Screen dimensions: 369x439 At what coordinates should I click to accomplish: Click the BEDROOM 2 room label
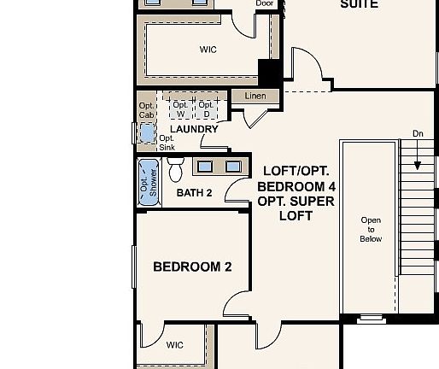pyautogui.click(x=192, y=266)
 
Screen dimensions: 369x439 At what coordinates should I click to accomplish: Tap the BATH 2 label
pyautogui.click(x=194, y=193)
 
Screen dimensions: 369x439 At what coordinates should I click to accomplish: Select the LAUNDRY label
pyautogui.click(x=194, y=129)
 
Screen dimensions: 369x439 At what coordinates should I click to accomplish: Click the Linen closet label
pyautogui.click(x=255, y=97)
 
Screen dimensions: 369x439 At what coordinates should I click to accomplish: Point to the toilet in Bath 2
pyautogui.click(x=177, y=170)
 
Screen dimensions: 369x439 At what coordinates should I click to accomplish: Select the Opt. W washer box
pyautogui.click(x=180, y=109)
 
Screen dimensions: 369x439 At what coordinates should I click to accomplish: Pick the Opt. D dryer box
pyautogui.click(x=205, y=109)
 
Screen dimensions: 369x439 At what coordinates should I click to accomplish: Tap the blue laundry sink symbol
pyautogui.click(x=147, y=133)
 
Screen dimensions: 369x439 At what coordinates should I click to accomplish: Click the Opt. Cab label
pyautogui.click(x=147, y=110)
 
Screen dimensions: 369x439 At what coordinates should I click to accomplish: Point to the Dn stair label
pyautogui.click(x=418, y=133)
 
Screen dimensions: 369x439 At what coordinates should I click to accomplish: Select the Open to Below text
pyautogui.click(x=371, y=230)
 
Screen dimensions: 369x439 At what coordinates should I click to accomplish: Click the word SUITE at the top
pyautogui.click(x=360, y=4)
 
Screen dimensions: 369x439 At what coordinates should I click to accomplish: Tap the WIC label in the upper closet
pyautogui.click(x=208, y=50)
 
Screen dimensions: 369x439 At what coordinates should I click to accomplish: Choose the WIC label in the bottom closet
pyautogui.click(x=174, y=345)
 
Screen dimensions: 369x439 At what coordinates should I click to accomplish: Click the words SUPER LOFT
pyautogui.click(x=296, y=209)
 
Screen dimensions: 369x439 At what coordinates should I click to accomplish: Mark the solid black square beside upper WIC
pyautogui.click(x=270, y=72)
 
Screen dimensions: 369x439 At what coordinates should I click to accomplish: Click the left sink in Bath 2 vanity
pyautogui.click(x=205, y=166)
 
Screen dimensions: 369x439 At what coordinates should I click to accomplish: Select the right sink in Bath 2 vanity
pyautogui.click(x=232, y=166)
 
